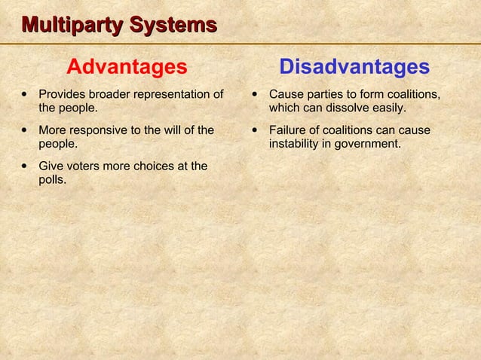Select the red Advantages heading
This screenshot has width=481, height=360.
click(x=127, y=68)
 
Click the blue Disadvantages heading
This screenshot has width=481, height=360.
click(x=354, y=68)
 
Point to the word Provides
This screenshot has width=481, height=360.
click(x=63, y=94)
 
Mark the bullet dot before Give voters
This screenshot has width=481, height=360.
click(x=26, y=166)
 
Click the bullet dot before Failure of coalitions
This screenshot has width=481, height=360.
click(x=257, y=130)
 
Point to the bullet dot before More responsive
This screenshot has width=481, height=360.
click(x=26, y=130)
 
